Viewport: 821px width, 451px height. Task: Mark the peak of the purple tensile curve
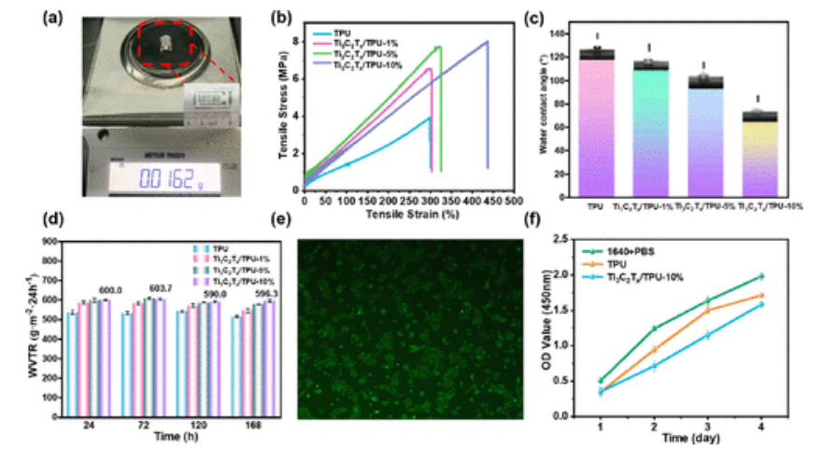pyautogui.click(x=487, y=41)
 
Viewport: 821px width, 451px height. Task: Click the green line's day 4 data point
pyautogui.click(x=761, y=275)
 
